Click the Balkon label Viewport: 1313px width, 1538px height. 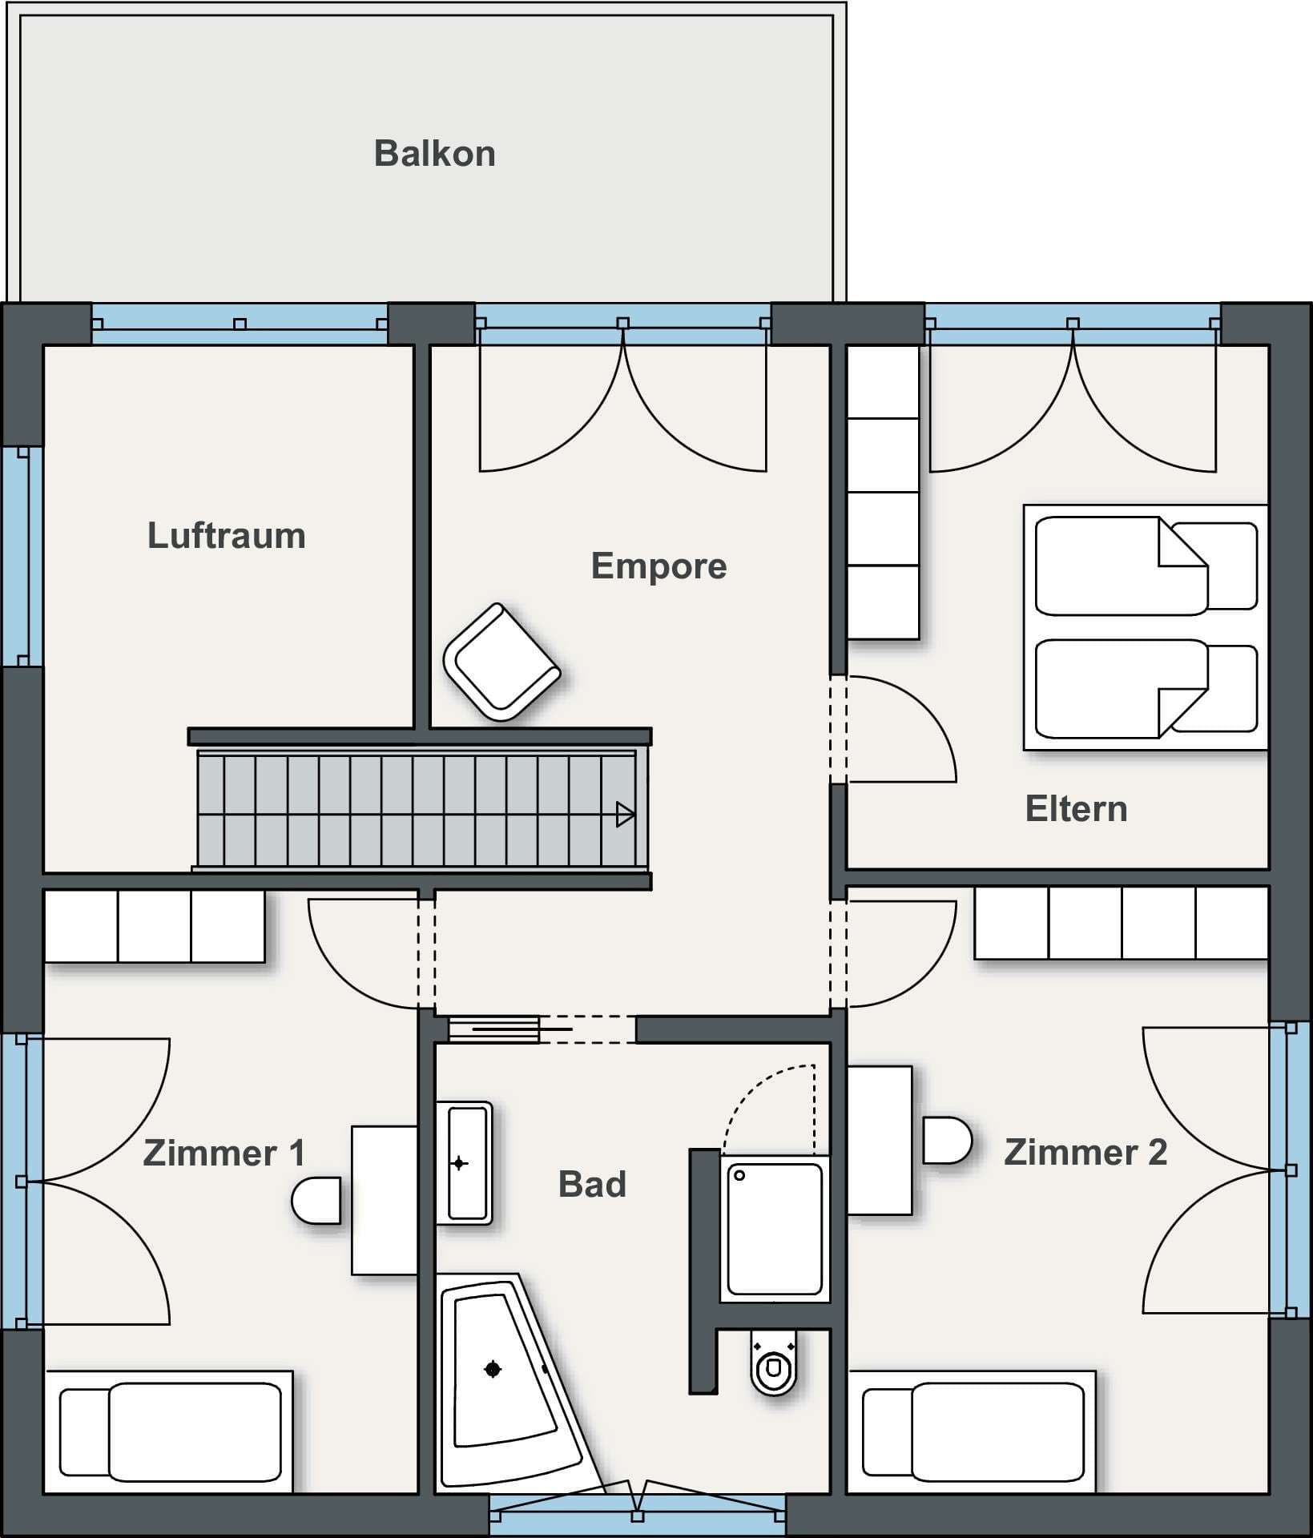click(x=434, y=154)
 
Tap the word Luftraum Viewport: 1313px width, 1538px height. click(x=227, y=536)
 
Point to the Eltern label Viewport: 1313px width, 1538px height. click(x=1076, y=809)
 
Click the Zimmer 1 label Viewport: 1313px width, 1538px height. click(x=224, y=1153)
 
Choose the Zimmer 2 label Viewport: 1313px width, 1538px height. click(x=1085, y=1153)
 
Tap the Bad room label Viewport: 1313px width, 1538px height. click(x=592, y=1185)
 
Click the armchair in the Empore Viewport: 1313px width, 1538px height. click(x=501, y=662)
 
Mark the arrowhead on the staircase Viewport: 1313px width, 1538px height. click(x=625, y=815)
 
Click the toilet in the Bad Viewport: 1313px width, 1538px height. click(x=774, y=1361)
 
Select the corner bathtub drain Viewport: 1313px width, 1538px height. click(x=493, y=1370)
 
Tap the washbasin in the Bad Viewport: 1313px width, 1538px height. click(x=464, y=1163)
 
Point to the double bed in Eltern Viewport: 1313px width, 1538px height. click(x=1146, y=627)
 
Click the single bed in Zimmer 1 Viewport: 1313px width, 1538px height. click(x=169, y=1431)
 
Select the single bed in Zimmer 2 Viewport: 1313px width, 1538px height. click(x=972, y=1431)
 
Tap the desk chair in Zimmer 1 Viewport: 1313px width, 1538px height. click(x=316, y=1200)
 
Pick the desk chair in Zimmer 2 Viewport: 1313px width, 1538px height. click(x=948, y=1140)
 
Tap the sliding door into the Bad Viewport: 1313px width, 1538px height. click(x=510, y=1029)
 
